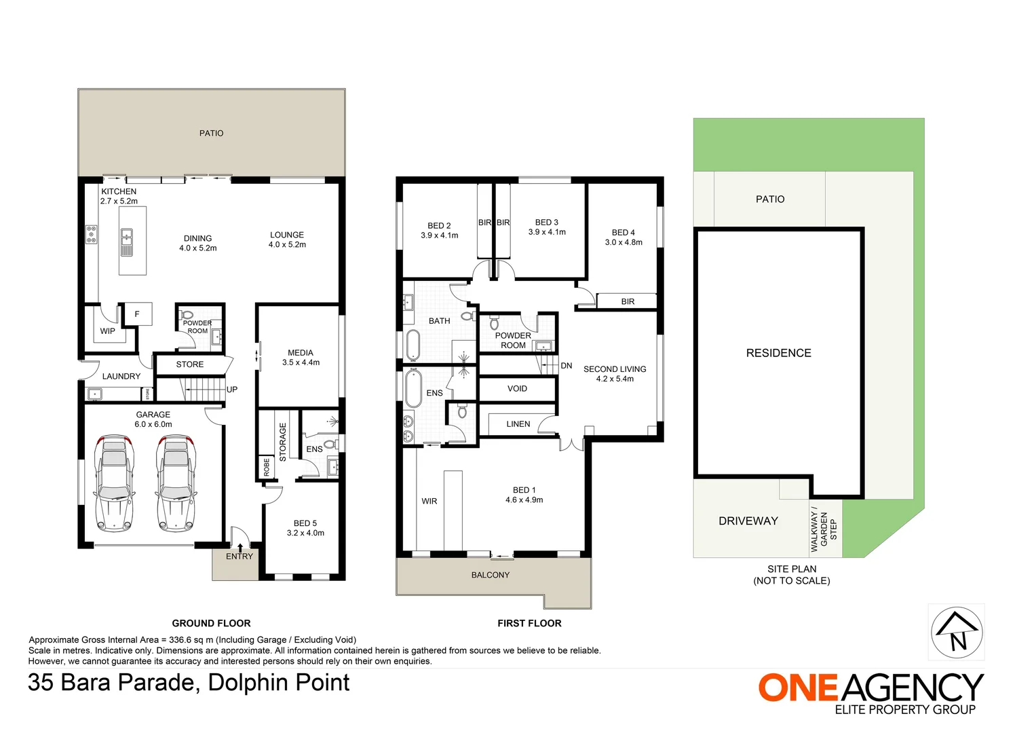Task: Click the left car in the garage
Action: pos(113,484)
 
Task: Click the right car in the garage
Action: pos(176,484)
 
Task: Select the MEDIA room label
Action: pos(301,353)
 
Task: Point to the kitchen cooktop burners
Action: pos(91,234)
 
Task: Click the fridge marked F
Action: pos(137,314)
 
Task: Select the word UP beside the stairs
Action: pos(232,390)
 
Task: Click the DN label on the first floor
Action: pos(567,366)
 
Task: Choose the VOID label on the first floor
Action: pos(517,389)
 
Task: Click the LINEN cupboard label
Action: pos(518,424)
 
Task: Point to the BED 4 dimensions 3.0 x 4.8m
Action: pos(624,242)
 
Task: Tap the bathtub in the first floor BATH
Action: pos(413,345)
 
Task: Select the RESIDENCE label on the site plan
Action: pos(778,353)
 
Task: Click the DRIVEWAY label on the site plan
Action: pos(748,521)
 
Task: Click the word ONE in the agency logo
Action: pos(799,688)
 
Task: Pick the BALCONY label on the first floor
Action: pos(490,575)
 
